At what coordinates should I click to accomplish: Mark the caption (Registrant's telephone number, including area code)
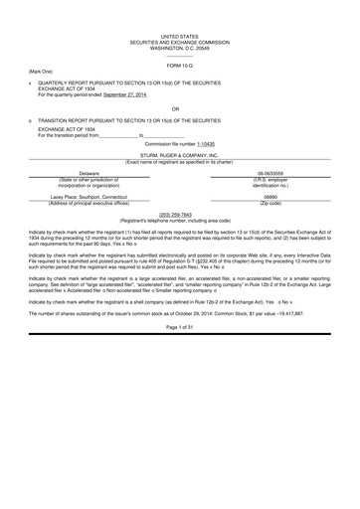pyautogui.click(x=180, y=220)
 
